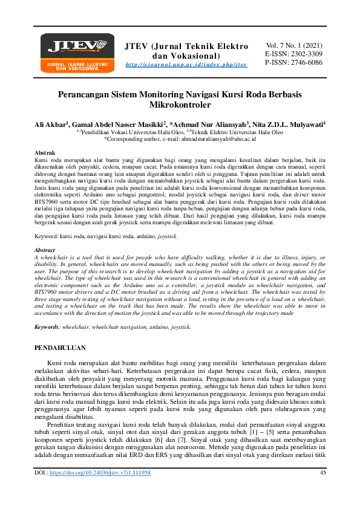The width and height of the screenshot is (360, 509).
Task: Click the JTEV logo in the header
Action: tap(77, 51)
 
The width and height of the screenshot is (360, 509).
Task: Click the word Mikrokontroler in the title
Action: tap(180, 105)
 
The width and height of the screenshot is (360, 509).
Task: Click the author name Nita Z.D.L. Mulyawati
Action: tap(292, 124)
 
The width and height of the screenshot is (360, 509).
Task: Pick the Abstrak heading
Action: tap(46, 154)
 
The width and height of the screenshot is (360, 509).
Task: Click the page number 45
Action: tap(322, 490)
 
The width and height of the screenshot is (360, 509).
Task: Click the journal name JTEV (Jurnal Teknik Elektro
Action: tap(186, 47)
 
